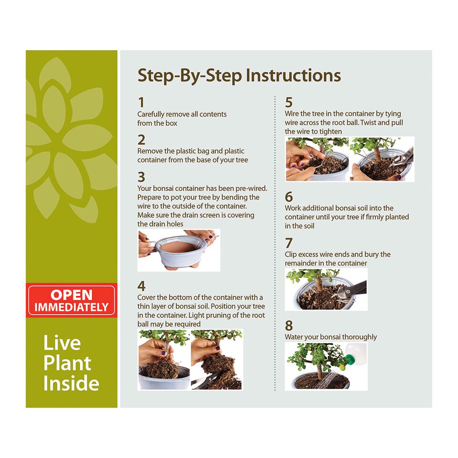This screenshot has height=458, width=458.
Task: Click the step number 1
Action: point(141,103)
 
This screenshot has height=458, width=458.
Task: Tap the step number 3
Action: point(141,177)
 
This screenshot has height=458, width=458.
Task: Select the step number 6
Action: point(289,197)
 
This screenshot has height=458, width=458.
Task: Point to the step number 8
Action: point(289,325)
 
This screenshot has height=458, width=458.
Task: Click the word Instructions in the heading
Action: point(293,75)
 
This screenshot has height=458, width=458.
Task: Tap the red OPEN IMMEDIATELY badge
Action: point(72,301)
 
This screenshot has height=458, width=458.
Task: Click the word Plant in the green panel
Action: point(67,363)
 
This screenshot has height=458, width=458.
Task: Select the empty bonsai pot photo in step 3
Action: point(179,250)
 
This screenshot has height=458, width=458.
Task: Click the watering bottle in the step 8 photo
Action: point(354,355)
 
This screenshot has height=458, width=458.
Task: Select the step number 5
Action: point(289,103)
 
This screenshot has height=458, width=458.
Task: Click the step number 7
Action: point(289,243)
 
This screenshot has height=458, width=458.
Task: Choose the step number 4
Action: point(141,286)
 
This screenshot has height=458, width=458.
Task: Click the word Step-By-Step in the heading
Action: point(190,76)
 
